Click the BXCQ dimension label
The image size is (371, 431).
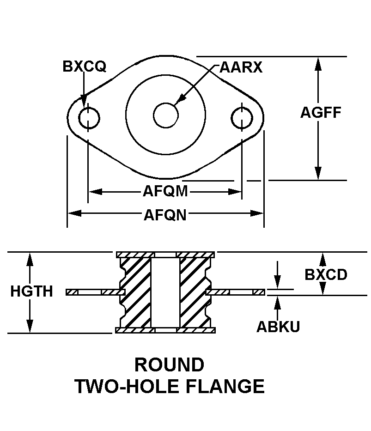(x=85, y=67)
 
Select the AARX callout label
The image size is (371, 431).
(x=241, y=67)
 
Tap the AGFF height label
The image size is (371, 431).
(x=321, y=112)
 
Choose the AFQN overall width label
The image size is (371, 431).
(x=165, y=214)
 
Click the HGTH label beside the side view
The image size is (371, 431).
(x=31, y=291)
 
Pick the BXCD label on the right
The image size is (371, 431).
(x=326, y=275)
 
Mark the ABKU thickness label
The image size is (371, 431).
(x=278, y=327)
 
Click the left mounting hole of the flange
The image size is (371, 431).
(x=89, y=118)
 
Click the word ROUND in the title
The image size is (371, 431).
(x=169, y=365)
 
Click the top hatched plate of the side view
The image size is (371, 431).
(x=165, y=255)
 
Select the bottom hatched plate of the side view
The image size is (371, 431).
(x=165, y=330)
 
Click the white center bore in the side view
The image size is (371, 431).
(x=165, y=292)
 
